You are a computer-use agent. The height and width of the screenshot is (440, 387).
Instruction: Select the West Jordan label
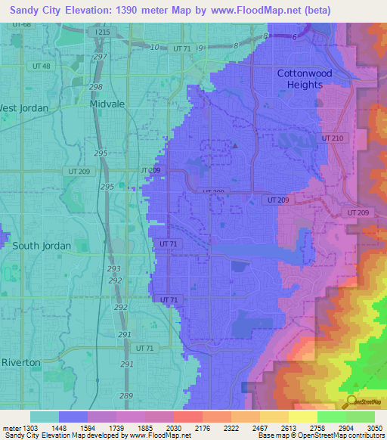(x=23, y=108)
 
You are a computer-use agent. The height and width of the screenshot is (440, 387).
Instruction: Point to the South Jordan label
(x=42, y=246)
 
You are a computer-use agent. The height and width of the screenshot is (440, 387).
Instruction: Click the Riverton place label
(x=20, y=362)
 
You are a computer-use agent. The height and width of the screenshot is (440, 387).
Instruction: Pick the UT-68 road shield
(x=22, y=25)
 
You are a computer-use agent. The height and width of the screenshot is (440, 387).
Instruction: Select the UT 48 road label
(x=42, y=67)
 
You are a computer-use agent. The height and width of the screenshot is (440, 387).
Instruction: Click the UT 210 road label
(x=332, y=138)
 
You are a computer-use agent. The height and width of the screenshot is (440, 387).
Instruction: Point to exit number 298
(x=95, y=88)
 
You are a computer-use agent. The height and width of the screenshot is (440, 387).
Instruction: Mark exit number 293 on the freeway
(x=114, y=269)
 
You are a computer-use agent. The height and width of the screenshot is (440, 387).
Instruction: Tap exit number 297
(x=100, y=57)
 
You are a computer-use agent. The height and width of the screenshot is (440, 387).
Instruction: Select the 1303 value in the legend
(x=31, y=429)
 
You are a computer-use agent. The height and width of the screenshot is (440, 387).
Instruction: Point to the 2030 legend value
(x=173, y=429)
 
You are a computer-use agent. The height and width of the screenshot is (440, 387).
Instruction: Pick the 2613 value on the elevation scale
(x=287, y=429)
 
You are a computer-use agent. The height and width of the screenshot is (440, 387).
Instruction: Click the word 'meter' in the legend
(x=11, y=429)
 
